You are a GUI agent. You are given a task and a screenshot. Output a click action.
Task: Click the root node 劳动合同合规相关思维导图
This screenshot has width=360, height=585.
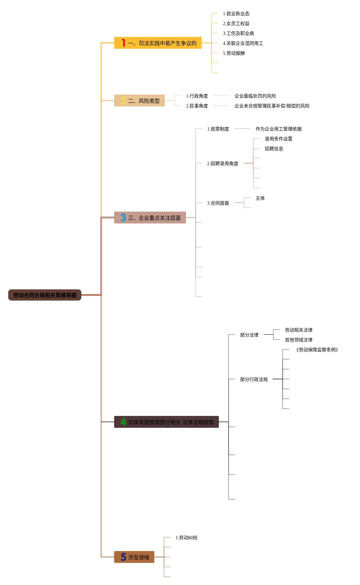(x=45, y=295)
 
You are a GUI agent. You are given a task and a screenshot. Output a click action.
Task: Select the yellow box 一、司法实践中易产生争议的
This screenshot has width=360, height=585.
(x=158, y=43)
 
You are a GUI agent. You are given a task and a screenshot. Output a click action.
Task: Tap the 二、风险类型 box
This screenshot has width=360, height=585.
(x=139, y=101)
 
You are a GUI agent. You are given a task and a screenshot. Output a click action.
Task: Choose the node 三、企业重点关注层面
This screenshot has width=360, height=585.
(x=150, y=218)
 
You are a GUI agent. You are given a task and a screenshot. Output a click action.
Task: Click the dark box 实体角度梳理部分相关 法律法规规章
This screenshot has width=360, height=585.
(x=166, y=422)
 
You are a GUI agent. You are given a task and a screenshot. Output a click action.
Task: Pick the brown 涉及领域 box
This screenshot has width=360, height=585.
(x=134, y=557)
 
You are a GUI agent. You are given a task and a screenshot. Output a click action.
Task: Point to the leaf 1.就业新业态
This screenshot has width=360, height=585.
(x=236, y=14)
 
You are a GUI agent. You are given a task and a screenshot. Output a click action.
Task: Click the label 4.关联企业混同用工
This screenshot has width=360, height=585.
(x=243, y=43)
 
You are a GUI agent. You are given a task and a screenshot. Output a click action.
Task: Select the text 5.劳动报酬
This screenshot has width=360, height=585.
(x=234, y=53)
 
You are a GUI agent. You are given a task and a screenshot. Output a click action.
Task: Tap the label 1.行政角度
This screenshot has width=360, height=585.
(x=197, y=96)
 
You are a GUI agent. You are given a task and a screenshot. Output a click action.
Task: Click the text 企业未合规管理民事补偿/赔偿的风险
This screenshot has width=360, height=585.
(x=272, y=106)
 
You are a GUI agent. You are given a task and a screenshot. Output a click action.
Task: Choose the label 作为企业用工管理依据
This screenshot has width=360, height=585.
(x=278, y=129)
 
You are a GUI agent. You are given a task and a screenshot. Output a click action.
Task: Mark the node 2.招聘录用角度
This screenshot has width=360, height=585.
(x=223, y=163)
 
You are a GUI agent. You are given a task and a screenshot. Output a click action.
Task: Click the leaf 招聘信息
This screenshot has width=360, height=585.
(x=274, y=149)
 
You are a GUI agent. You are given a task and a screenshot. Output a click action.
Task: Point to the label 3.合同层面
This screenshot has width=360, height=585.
(x=218, y=203)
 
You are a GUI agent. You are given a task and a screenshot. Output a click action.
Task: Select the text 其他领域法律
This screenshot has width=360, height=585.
(x=298, y=340)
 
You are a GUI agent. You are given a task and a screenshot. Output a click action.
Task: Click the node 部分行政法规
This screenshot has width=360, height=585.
(x=254, y=379)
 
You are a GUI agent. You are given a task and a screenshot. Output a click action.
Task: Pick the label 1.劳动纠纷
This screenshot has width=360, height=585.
(x=186, y=538)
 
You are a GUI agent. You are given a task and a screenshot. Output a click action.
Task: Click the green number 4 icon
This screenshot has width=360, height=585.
(x=123, y=422)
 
